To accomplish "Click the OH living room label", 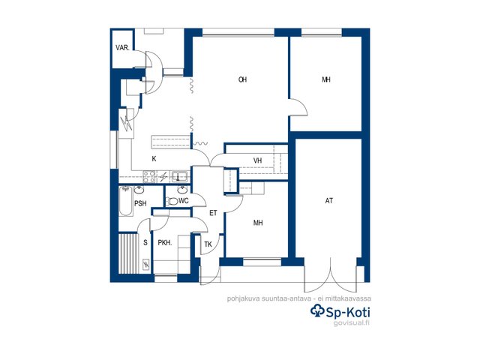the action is tap(242, 79).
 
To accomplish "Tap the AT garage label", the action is tap(329, 201).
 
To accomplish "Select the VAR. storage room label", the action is tap(122, 48).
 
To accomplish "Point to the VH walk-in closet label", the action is tap(258, 160).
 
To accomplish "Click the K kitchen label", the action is tap(154, 158).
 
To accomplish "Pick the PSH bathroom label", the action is tap(140, 203).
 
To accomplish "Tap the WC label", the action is tap(184, 201).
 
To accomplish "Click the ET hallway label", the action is tap(213, 213).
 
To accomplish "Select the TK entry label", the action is tap(208, 244).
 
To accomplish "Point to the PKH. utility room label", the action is tap(165, 243).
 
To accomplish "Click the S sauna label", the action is tap(145, 242).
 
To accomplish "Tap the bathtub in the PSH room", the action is tap(125, 201).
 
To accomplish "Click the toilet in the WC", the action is tap(172, 201).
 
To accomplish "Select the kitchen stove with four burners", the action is tap(149, 177).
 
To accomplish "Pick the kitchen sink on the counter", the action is tap(179, 177).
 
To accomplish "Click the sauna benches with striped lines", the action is tap(128, 253).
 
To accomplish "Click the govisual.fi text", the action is tap(352, 323).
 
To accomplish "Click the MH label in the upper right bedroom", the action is tap(326, 79).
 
